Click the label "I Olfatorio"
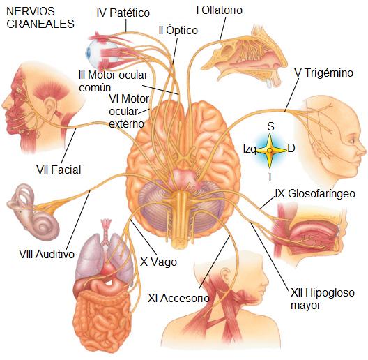coord(220,10)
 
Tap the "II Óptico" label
coord(178,30)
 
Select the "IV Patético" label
coord(123,13)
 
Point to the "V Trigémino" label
coord(324,73)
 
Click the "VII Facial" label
coord(59,170)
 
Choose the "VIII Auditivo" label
coord(47,254)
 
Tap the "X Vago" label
coord(158,262)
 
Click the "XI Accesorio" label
coord(178,298)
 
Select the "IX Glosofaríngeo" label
coord(315,194)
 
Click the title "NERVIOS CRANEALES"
coord(40,18)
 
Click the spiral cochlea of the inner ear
coord(45,226)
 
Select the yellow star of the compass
coord(270,151)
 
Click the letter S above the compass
coord(270,126)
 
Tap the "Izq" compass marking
coord(250,149)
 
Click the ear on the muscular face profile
coord(50,105)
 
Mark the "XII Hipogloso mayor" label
coord(323,299)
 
